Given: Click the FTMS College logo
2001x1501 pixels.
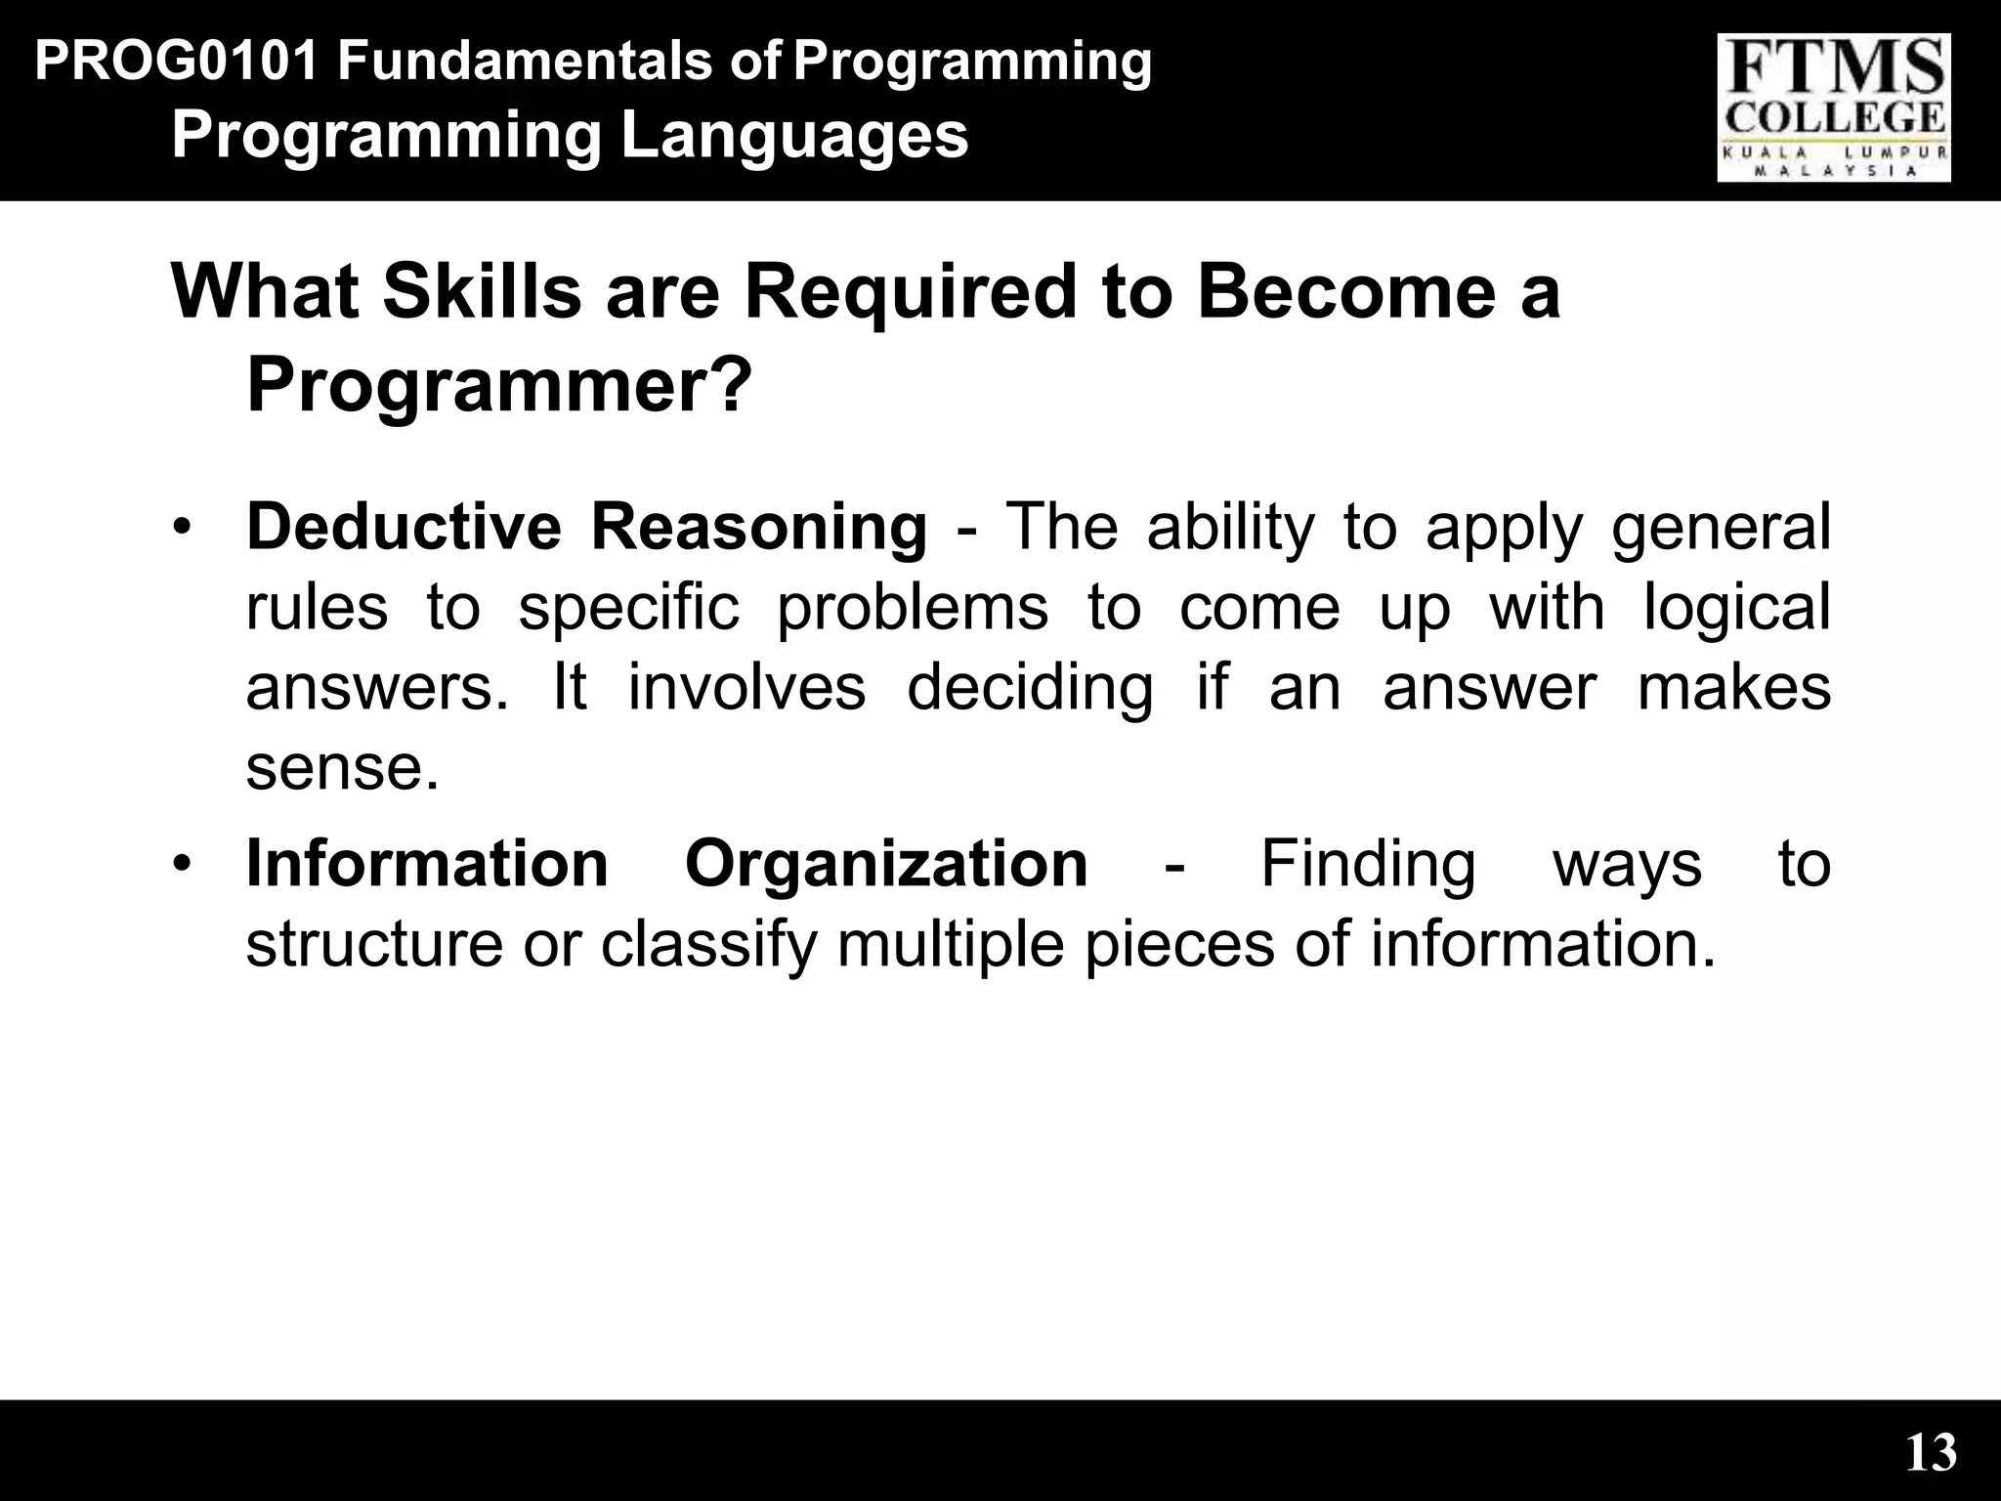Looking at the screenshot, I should pos(1834,107).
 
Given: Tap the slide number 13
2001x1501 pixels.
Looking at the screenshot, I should pos(1931,1453).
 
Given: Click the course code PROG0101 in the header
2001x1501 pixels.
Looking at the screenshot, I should pos(176,62).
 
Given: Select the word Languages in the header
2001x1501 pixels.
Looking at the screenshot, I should pos(794,136).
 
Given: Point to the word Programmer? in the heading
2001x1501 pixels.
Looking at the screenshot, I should pos(499,386).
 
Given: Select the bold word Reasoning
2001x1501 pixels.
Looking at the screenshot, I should pos(758,527).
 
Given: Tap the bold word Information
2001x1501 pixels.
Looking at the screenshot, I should pos(427,864).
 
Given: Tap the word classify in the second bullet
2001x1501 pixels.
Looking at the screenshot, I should pos(707,946).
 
